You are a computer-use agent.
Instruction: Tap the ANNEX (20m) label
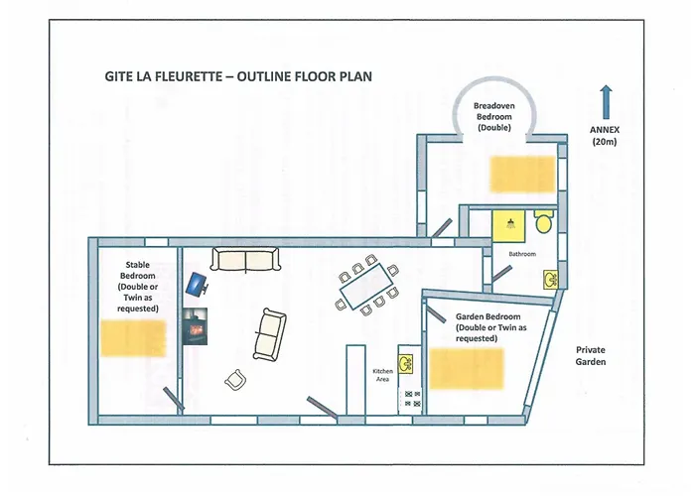[x=605, y=135]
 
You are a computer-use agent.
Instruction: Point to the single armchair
[x=235, y=380]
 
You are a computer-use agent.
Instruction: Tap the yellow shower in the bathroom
[x=509, y=224]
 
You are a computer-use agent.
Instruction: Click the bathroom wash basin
[x=549, y=280]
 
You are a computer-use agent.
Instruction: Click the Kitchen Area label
[x=383, y=375]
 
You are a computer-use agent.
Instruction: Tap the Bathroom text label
[x=522, y=254]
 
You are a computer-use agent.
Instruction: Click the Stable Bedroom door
[x=171, y=398]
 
